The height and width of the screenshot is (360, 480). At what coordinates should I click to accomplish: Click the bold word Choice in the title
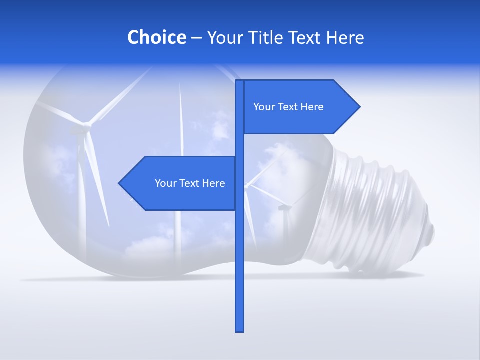point(156,38)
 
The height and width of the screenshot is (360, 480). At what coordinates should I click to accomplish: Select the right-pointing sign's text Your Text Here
point(288,107)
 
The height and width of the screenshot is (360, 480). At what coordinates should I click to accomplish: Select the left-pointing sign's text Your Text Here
point(190,183)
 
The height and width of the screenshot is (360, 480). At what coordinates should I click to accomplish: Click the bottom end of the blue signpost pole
point(239,330)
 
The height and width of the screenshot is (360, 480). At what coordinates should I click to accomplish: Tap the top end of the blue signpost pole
point(239,81)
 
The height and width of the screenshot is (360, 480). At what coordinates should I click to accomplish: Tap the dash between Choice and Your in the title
point(196,38)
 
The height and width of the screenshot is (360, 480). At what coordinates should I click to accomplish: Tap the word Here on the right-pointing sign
point(312,107)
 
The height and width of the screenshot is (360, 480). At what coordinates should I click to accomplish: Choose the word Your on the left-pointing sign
point(165,183)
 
